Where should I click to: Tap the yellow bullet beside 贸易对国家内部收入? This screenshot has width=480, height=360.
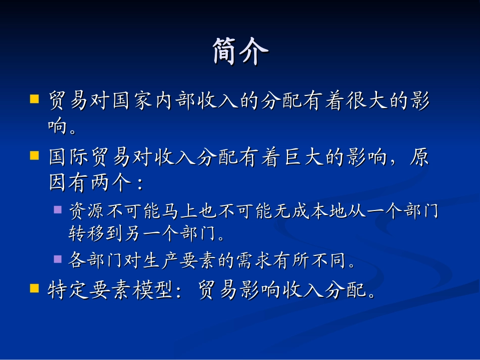pos(34,98)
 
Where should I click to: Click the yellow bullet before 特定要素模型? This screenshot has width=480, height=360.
pos(34,288)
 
